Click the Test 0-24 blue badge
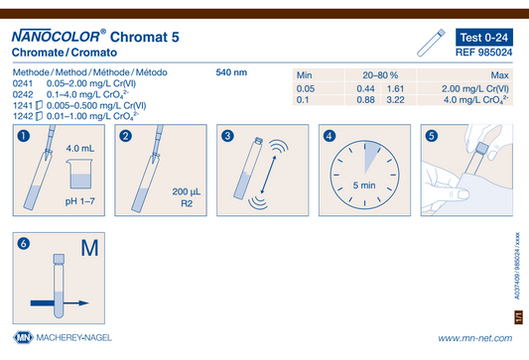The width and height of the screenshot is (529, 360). click(484, 37)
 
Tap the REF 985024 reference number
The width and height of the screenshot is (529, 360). click(483, 53)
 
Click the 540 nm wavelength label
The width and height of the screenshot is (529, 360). click(231, 72)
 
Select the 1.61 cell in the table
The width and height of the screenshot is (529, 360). click(395, 88)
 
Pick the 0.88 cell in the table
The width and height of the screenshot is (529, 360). click(365, 100)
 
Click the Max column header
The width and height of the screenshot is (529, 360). click(499, 74)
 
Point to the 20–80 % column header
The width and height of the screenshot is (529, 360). click(380, 74)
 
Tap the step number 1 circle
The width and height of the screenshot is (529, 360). click(24, 136)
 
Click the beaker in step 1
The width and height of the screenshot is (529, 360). click(80, 174)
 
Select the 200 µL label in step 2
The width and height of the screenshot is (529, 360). click(187, 191)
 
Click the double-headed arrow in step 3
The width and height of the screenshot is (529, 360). click(268, 175)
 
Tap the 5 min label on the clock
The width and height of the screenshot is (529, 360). click(364, 185)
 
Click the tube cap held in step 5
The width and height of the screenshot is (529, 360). click(482, 149)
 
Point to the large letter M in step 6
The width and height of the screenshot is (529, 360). click(89, 248)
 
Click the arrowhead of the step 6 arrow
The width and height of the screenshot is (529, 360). click(83, 303)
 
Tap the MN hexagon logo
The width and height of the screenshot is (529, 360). click(23, 337)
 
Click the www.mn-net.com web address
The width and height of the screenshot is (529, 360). click(475, 338)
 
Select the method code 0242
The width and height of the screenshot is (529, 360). click(23, 94)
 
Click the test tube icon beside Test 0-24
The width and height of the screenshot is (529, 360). click(431, 43)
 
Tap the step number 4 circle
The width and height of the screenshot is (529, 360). click(330, 136)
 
